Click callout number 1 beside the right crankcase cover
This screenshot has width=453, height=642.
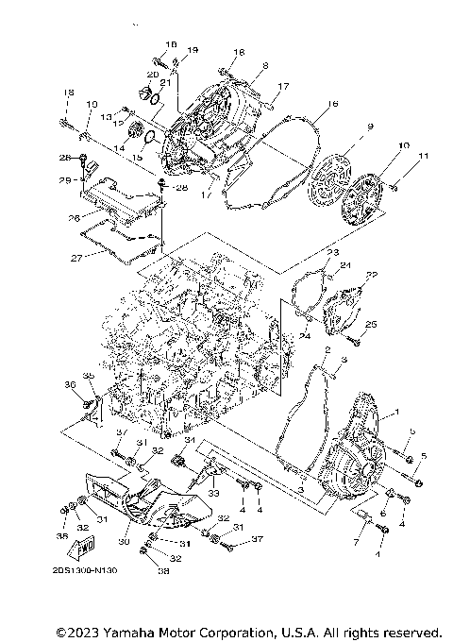(x=395, y=413)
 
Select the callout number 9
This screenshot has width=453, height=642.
(x=371, y=127)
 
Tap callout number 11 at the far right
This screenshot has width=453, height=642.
(x=423, y=155)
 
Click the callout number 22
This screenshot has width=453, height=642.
(x=372, y=275)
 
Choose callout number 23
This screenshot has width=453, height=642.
(x=332, y=254)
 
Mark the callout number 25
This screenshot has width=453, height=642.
(x=371, y=324)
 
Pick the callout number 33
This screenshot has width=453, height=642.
(x=213, y=492)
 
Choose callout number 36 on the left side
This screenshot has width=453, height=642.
(x=70, y=384)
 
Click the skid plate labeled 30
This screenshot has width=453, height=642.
(x=142, y=505)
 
